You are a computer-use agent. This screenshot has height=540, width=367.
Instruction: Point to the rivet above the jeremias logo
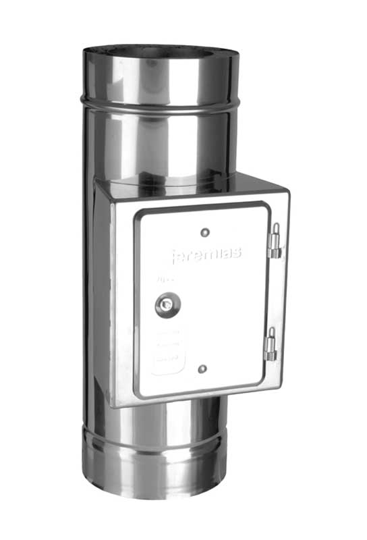coord(205,232)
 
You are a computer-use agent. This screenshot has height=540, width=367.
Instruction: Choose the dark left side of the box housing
coord(102,290)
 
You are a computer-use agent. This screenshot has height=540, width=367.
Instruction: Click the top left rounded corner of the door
coord(138,214)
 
